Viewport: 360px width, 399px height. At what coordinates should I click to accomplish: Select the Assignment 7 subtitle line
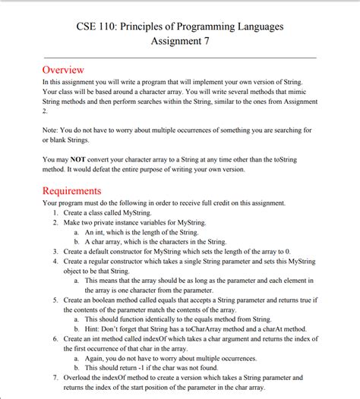[x=179, y=42]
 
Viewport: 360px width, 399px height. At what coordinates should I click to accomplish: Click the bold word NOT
[x=78, y=160]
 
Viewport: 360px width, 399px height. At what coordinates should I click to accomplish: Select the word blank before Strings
[x=60, y=140]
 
